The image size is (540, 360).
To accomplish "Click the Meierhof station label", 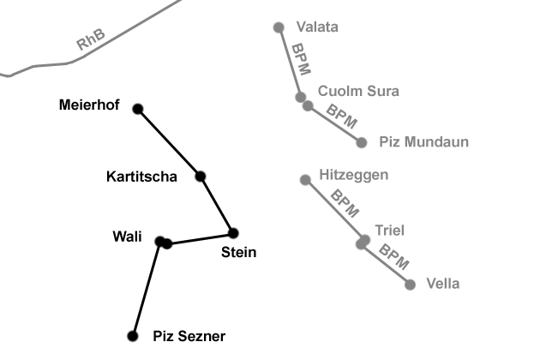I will pos(89,105).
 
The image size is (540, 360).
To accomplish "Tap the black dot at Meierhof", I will pos(138,109).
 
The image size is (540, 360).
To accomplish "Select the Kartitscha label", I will pos(141,177).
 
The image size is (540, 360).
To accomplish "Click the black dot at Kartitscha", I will pos(201,177).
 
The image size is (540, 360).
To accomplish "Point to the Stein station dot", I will pos(232,233).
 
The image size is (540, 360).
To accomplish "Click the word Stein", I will pos(238,252).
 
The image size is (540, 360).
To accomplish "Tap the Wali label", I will pos(127,237).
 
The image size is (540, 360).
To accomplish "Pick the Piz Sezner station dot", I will pos(132,336).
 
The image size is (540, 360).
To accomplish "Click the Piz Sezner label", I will pos(189,337).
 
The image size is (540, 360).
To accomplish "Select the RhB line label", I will pos(91,40).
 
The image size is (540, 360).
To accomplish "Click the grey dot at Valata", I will pos(279,27).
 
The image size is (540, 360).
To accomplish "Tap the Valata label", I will pos(316,27).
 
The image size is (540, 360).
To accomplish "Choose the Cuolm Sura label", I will pos(358,91).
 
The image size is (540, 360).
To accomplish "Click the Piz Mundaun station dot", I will pos(362,142).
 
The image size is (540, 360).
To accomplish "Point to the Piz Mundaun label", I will pos(423,142).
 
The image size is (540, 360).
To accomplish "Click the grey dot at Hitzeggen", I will pos(305,180).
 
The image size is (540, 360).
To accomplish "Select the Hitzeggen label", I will pos(353,175).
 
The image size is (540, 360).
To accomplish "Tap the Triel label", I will pos(389,230).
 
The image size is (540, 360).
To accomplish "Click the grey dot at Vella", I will pos(410,285).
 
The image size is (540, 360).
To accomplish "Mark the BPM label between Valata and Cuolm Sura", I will pos(302,61).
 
